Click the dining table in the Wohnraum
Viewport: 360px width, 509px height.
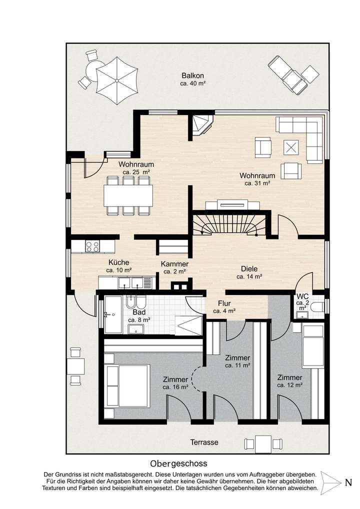(x=129, y=195)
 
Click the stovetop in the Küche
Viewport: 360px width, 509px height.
(x=92, y=246)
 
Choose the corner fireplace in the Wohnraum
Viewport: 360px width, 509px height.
(x=201, y=124)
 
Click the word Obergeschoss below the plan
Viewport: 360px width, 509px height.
(x=178, y=464)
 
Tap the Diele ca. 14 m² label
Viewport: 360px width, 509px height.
(x=249, y=270)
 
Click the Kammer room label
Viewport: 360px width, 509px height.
(x=174, y=267)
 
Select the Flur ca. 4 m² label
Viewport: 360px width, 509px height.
(x=224, y=306)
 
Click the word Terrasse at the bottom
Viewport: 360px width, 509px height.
(x=204, y=442)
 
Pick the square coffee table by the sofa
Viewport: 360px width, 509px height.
(x=291, y=147)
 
